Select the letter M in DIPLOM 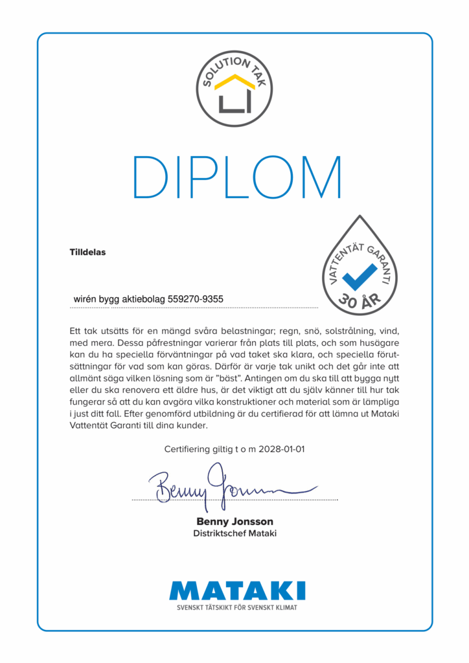point(317,177)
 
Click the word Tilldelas point(87,252)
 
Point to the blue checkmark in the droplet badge point(359,275)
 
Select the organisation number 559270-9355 point(196,299)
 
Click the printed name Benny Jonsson point(234,521)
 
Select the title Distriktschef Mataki point(234,534)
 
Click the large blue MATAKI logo point(237,590)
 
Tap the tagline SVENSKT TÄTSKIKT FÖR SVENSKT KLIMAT point(237,607)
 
